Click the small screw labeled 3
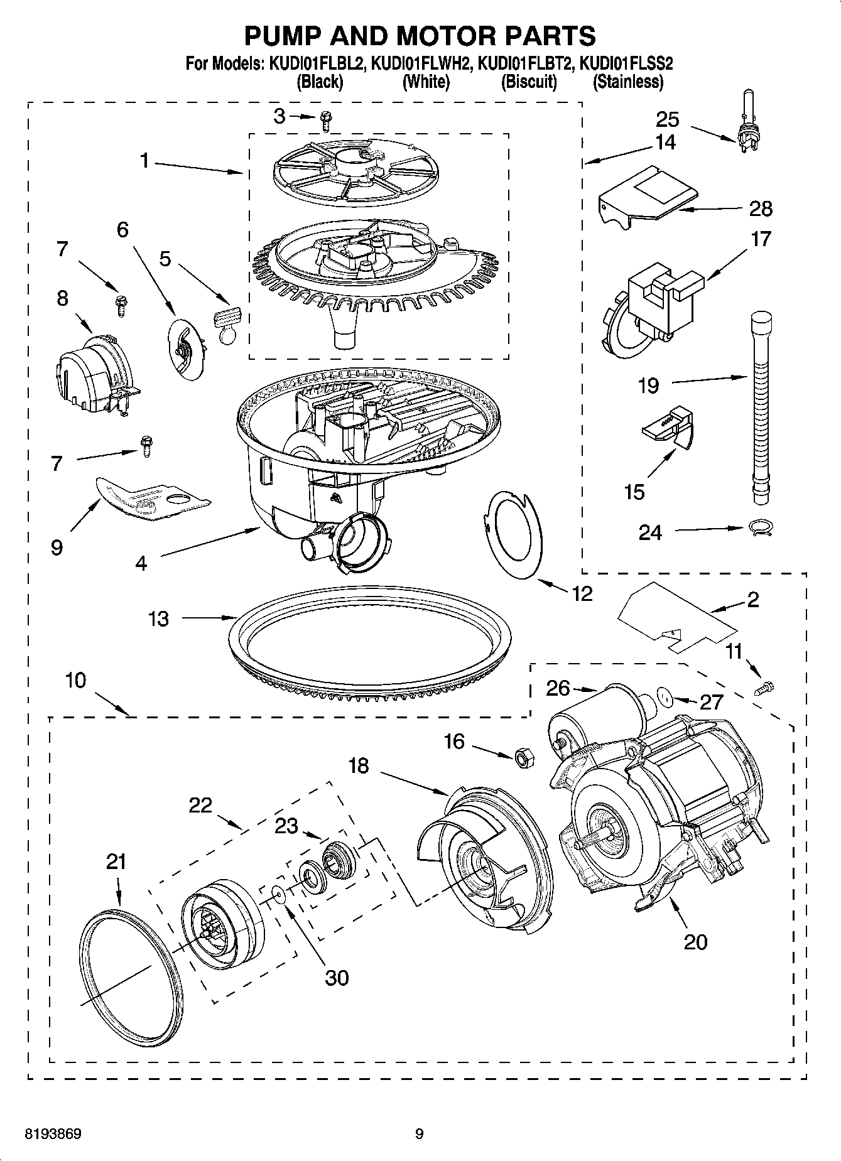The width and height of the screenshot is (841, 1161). coord(325,120)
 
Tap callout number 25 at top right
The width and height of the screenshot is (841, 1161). coord(668,119)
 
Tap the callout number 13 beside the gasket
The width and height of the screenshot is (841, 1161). coord(158,618)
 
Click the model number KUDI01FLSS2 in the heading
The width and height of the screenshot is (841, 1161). coord(626,63)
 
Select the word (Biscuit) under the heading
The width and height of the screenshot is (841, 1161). coord(529,82)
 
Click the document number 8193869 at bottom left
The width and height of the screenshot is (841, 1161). coord(53,1134)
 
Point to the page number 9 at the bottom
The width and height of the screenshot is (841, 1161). coord(420,1134)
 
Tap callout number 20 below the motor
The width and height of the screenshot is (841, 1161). coord(695,941)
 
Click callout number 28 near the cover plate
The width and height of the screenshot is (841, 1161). coord(760,208)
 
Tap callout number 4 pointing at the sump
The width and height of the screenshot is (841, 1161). coord(141,563)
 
